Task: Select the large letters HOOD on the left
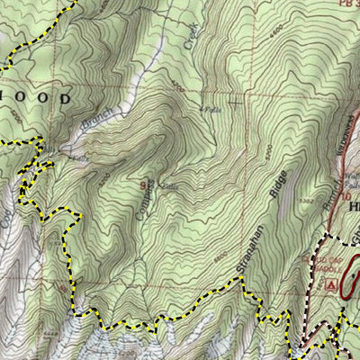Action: click(35, 97)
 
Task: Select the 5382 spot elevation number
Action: click(309, 191)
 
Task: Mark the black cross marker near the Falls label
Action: click(237, 102)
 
